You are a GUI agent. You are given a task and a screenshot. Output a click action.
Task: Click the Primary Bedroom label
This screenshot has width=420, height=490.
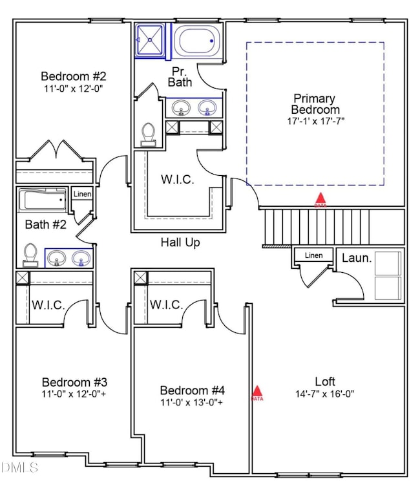pyautogui.click(x=314, y=104)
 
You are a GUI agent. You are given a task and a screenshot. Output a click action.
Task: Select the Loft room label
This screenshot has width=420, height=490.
pyautogui.click(x=325, y=381)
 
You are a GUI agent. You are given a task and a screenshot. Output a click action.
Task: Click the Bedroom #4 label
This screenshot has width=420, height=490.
pyautogui.click(x=193, y=390)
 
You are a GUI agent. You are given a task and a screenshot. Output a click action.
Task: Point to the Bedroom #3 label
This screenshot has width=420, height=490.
pyautogui.click(x=74, y=381)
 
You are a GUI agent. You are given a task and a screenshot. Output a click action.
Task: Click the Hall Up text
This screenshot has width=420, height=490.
pyautogui.click(x=180, y=242)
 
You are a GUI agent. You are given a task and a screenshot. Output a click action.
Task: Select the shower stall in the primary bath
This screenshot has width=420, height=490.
pyautogui.click(x=150, y=40)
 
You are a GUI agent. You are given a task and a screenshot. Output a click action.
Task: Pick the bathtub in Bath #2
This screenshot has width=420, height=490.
pyautogui.click(x=43, y=201)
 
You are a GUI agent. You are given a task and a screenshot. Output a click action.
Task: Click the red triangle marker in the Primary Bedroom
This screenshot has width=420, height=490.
pyautogui.click(x=320, y=200)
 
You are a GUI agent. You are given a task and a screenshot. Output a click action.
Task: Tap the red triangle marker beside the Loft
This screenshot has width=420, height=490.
pyautogui.click(x=257, y=392)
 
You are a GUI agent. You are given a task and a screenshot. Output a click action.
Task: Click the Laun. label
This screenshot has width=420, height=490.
pyautogui.click(x=356, y=258)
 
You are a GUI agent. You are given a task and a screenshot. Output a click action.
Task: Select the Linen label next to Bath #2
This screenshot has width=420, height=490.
pyautogui.click(x=82, y=194)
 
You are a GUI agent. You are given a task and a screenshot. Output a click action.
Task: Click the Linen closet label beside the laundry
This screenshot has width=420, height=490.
pyautogui.click(x=313, y=255)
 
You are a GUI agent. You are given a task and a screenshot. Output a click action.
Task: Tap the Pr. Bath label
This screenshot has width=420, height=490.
pyautogui.click(x=180, y=76)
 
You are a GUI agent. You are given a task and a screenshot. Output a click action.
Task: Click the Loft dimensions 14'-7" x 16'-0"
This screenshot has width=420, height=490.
pyautogui.click(x=325, y=393)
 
